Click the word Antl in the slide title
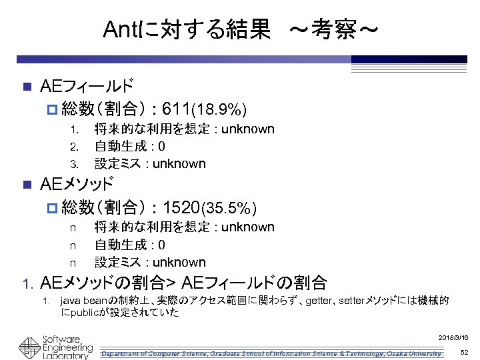coord(122,29)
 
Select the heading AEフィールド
coord(86,86)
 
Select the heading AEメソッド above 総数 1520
coord(77,184)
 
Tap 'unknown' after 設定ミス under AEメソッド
coord(179,262)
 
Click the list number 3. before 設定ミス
coord(75,164)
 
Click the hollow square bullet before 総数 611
coord(53,109)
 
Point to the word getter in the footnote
coord(319,301)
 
